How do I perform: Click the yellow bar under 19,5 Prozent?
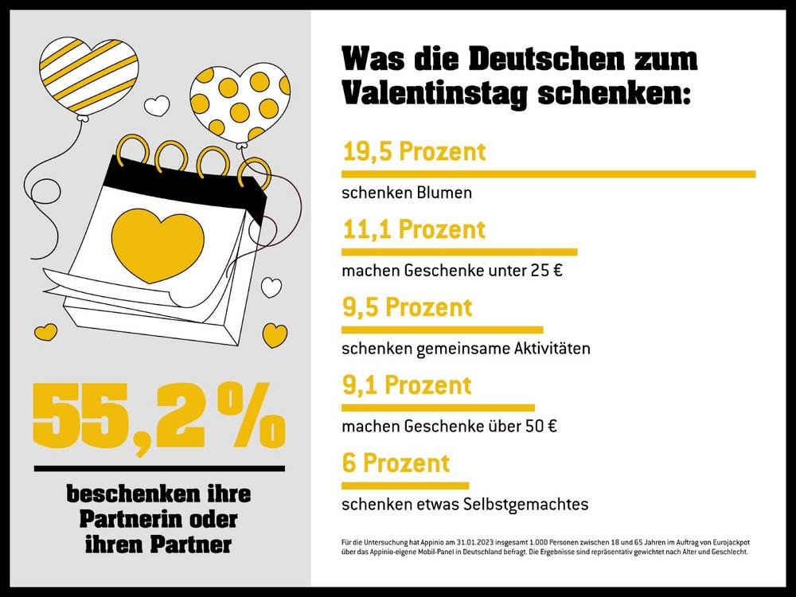548,174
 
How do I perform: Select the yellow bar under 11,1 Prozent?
459,252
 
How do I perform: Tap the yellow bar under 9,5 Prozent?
442,329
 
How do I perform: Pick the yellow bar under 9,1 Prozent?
438,407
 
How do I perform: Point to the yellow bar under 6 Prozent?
405,485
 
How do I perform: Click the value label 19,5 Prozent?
413,151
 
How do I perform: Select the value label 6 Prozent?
396,462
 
